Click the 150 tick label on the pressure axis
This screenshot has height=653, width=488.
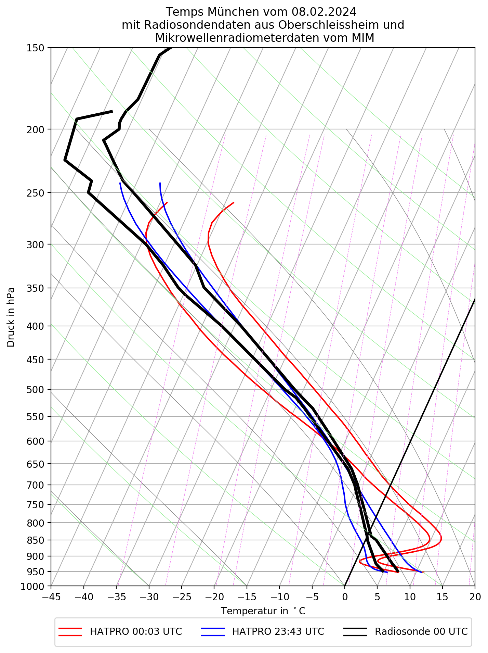pos(35,48)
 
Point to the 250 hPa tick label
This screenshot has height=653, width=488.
pos(35,193)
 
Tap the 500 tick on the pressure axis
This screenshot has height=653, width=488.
pos(35,390)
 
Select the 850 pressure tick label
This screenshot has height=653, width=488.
pos(35,540)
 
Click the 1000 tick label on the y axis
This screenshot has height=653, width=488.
pos(32,587)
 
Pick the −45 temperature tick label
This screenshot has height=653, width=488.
pos(51,597)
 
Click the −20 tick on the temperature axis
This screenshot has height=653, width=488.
pos(214,597)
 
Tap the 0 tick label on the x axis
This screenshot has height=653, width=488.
pos(345,597)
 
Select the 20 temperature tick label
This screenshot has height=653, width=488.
pos(475,597)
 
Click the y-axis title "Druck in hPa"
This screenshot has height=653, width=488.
pos(11,317)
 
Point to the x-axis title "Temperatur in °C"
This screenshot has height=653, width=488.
pos(263,611)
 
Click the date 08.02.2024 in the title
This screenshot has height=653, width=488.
pos(324,12)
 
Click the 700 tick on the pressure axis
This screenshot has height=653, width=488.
pos(35,485)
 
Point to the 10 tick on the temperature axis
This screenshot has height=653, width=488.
pos(410,597)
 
